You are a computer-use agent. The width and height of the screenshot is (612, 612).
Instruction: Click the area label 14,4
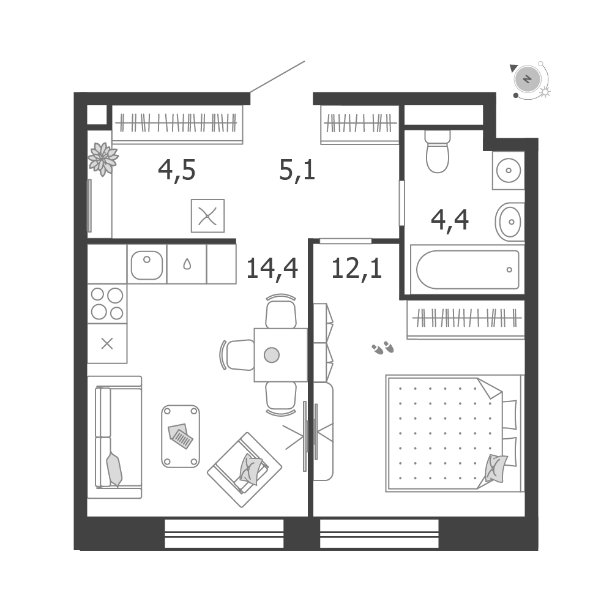(x=272, y=269)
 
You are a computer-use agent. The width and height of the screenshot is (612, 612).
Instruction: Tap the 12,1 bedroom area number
(x=356, y=269)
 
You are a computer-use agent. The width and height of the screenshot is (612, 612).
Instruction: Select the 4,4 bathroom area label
(x=450, y=220)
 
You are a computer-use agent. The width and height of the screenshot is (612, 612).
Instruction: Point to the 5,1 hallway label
(x=297, y=171)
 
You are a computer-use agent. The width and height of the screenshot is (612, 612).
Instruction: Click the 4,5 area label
(x=176, y=171)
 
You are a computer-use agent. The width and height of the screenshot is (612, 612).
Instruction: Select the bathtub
(x=467, y=270)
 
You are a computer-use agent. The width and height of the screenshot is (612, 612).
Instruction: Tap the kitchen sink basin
(x=147, y=265)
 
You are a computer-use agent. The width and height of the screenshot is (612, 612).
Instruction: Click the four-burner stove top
(x=107, y=304)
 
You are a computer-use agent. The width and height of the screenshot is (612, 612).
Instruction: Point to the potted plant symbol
(x=103, y=159)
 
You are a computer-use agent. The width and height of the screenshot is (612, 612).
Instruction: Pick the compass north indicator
(x=528, y=79)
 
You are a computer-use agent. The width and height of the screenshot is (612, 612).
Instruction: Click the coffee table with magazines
(x=181, y=436)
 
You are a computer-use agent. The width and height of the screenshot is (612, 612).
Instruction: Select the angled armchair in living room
(x=244, y=469)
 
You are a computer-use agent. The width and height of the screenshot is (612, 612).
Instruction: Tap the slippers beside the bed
(x=383, y=348)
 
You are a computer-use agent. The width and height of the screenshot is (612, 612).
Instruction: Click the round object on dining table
(x=272, y=355)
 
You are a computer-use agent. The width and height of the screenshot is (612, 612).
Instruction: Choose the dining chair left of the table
(x=237, y=355)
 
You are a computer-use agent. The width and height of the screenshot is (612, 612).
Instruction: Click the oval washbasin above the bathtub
(x=510, y=222)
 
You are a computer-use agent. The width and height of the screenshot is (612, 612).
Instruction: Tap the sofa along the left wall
(x=114, y=437)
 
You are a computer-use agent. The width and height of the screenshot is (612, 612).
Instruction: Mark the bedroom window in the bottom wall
(x=379, y=533)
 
